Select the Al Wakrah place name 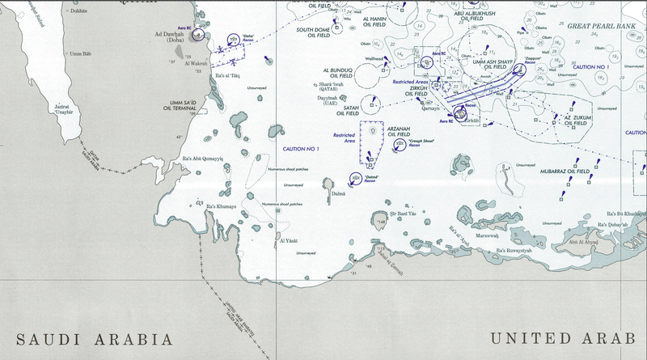(x=197, y=63)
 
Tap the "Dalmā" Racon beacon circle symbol (x=354, y=177)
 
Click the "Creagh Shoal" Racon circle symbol (x=400, y=144)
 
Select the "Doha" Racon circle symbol (x=231, y=39)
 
